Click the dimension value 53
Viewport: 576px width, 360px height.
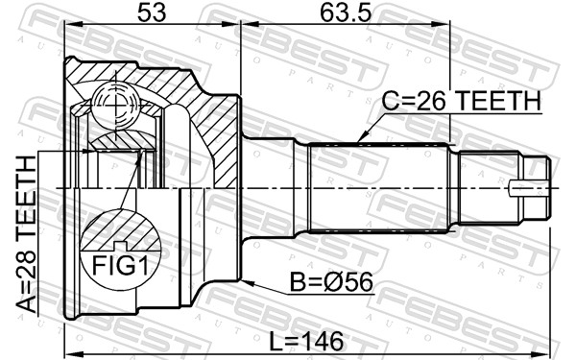point(152,12)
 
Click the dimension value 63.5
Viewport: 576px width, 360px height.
point(346,12)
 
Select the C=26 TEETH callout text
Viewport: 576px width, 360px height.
point(462,101)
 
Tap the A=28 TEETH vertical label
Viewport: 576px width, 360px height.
point(27,233)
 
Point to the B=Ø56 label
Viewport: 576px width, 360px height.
point(331,281)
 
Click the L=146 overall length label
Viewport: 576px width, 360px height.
point(306,341)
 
